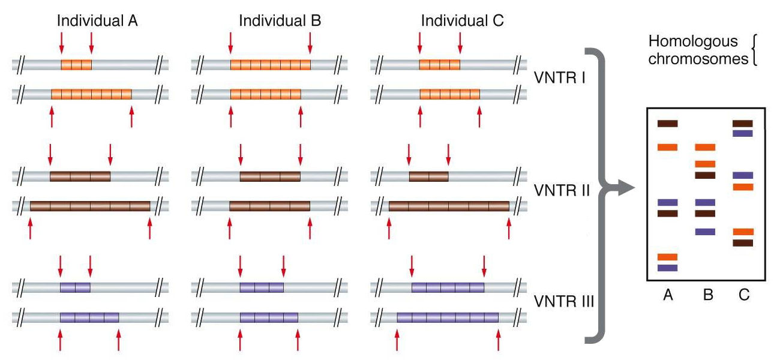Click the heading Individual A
(x=97, y=20)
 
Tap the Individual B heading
(x=280, y=20)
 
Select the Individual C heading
(x=462, y=20)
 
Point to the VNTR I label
(x=560, y=77)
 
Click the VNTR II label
(x=562, y=190)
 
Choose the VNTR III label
(x=564, y=301)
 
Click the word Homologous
(x=693, y=42)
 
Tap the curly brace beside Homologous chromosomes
(x=754, y=49)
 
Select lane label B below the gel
(x=708, y=295)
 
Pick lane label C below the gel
(x=744, y=295)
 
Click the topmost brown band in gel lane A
(x=668, y=124)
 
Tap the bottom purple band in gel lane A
(x=668, y=268)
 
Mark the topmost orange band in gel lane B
(x=705, y=147)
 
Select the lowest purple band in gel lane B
(x=705, y=232)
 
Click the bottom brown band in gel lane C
(x=743, y=242)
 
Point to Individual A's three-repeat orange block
(x=76, y=65)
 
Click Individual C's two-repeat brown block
(x=428, y=176)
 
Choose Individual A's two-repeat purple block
(x=75, y=287)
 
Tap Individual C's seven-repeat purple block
(x=448, y=317)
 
